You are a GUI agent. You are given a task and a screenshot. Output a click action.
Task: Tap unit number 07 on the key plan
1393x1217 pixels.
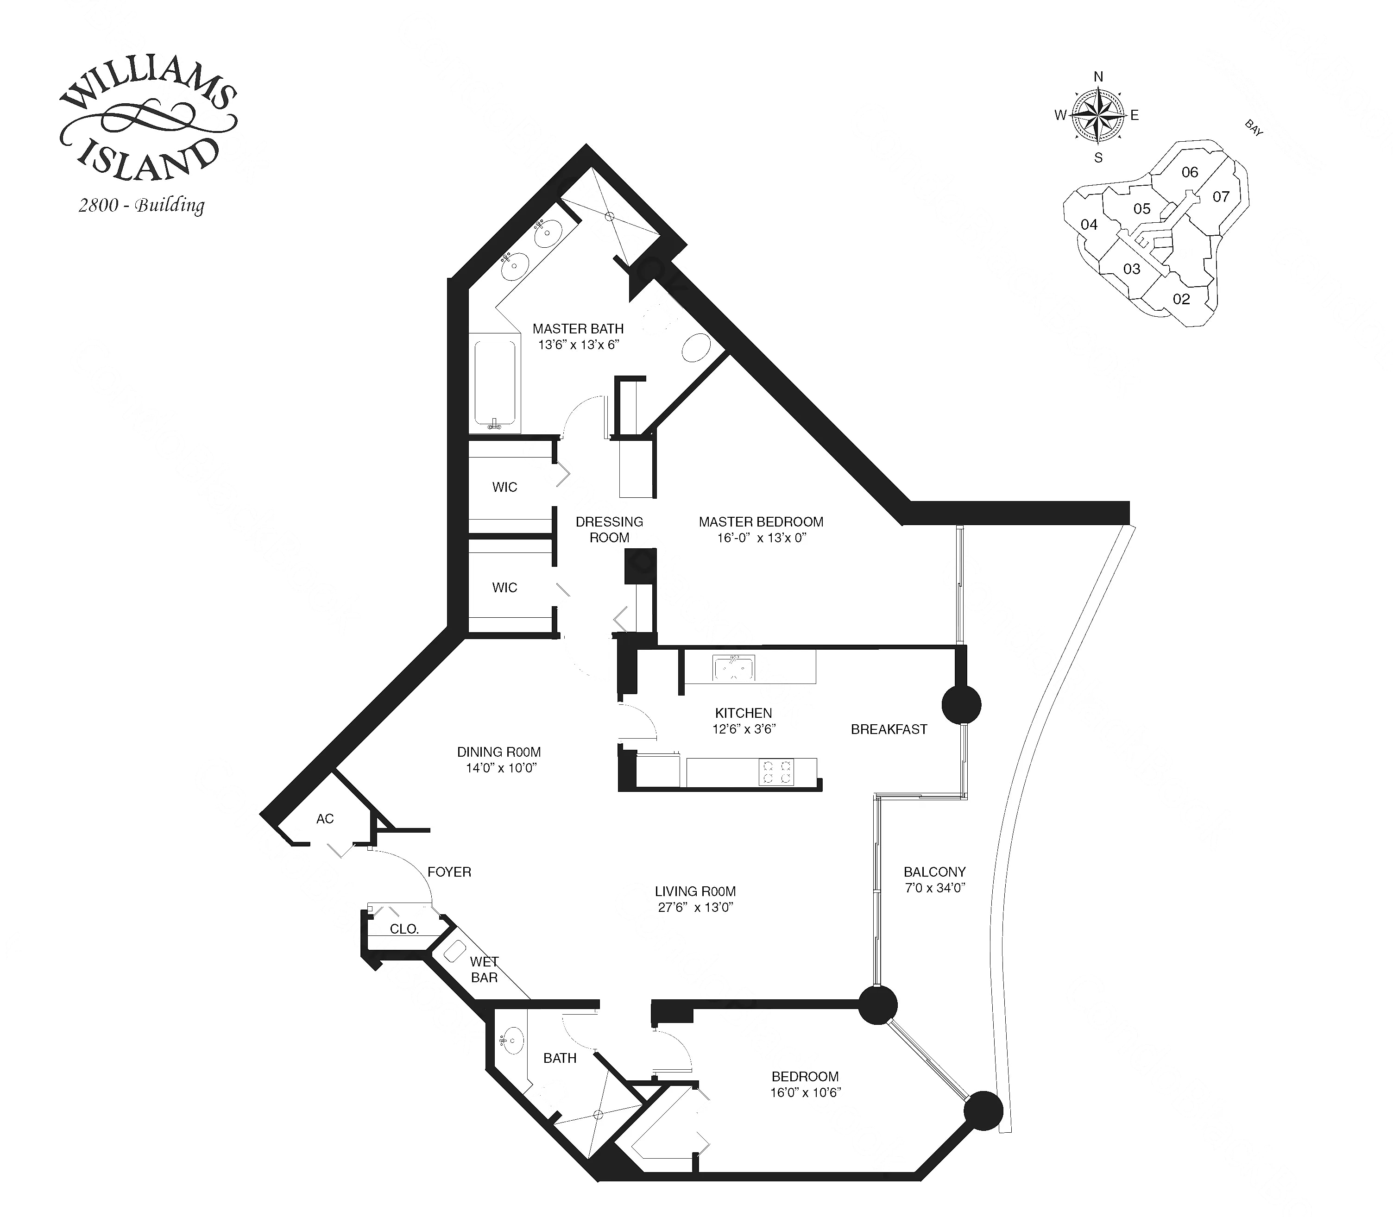pyautogui.click(x=1221, y=197)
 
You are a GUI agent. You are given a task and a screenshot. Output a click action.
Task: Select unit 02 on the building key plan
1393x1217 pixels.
pyautogui.click(x=1181, y=299)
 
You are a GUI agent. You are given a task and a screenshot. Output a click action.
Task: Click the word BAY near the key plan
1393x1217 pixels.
pyautogui.click(x=1253, y=128)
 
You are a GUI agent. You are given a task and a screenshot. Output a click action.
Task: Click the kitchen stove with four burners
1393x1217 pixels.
pyautogui.click(x=777, y=772)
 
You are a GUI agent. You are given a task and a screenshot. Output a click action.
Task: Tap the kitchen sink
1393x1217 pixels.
pyautogui.click(x=733, y=668)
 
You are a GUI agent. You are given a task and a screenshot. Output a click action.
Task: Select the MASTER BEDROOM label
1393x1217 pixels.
pyautogui.click(x=761, y=521)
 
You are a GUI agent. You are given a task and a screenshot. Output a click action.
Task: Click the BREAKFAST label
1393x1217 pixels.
pyautogui.click(x=889, y=729)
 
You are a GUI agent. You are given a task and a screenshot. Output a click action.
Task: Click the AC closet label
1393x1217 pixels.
pyautogui.click(x=325, y=819)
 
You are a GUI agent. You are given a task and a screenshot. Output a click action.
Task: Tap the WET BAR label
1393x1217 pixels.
pyautogui.click(x=484, y=970)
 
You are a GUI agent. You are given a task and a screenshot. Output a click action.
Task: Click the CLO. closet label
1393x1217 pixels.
pyautogui.click(x=404, y=929)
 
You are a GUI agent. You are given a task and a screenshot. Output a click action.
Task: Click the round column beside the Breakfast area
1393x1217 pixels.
pyautogui.click(x=961, y=705)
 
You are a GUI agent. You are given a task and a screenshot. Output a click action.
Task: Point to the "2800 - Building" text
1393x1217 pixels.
pyautogui.click(x=141, y=205)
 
